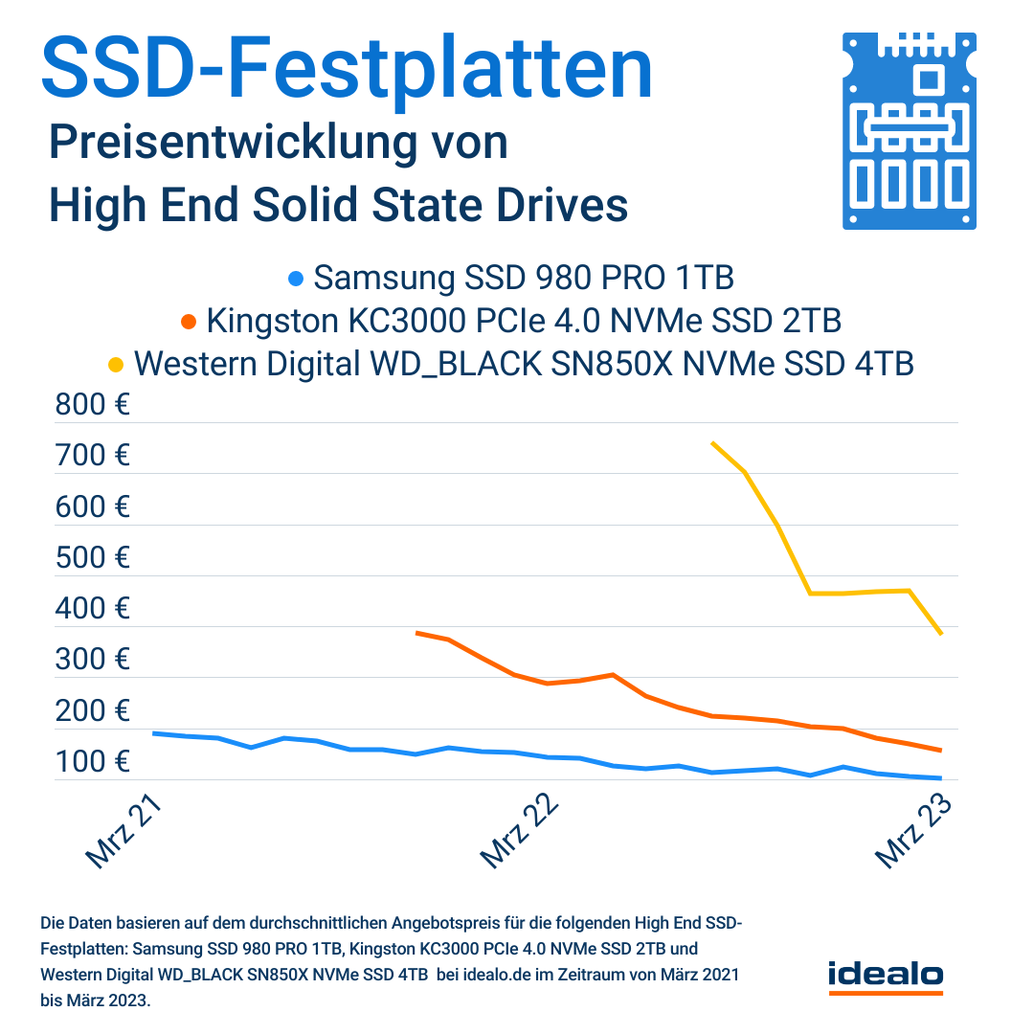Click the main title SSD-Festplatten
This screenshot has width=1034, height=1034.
tap(347, 69)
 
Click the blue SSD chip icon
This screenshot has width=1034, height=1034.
tap(910, 131)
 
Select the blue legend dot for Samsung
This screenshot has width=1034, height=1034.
tap(296, 280)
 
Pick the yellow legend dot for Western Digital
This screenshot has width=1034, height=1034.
tap(116, 364)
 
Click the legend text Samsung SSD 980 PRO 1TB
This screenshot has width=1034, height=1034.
tap(524, 279)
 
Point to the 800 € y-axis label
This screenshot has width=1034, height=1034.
tap(93, 405)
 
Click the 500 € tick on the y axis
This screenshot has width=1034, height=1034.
tap(93, 557)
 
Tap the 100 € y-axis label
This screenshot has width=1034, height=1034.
tap(93, 762)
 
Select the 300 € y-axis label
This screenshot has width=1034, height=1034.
tap(93, 660)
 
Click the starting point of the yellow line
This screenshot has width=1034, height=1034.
tap(712, 442)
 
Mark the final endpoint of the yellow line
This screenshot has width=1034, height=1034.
tap(942, 633)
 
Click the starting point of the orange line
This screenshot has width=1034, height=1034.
tap(416, 632)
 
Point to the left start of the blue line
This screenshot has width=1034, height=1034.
tap(154, 733)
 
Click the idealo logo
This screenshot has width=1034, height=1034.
tap(885, 975)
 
